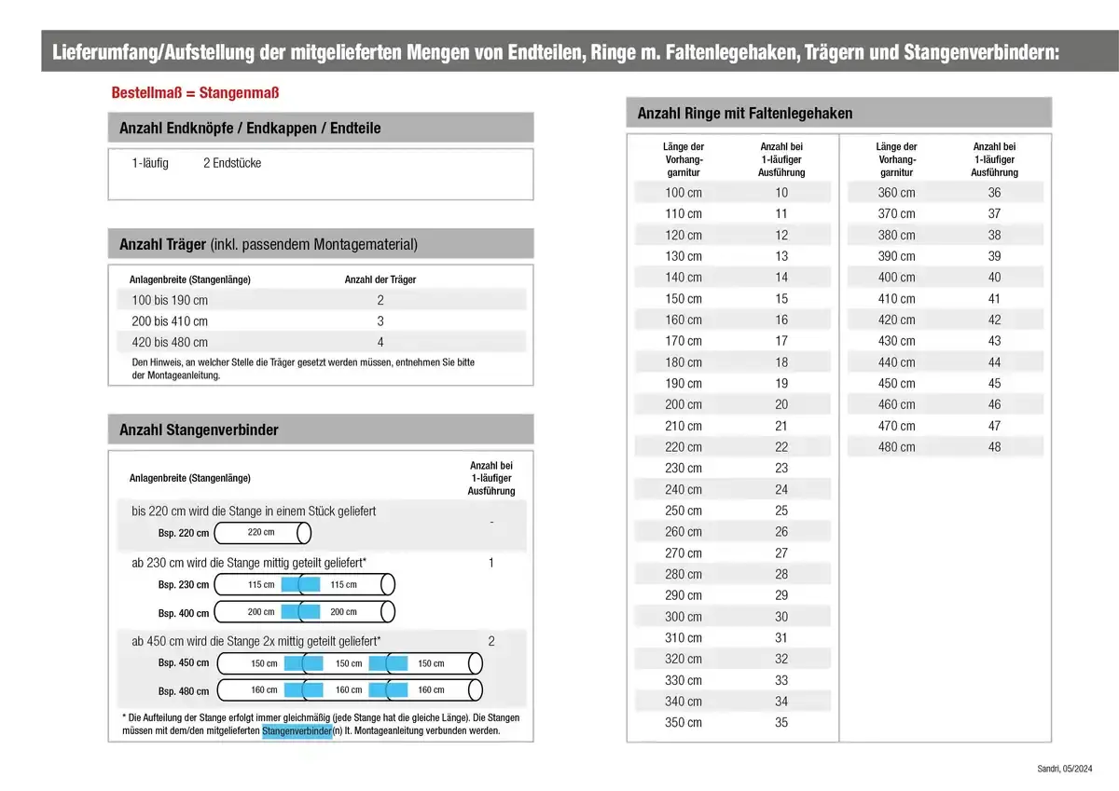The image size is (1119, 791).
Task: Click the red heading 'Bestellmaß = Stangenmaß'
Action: [195, 93]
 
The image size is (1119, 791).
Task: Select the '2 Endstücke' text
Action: [232, 163]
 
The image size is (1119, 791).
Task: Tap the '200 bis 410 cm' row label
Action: [170, 320]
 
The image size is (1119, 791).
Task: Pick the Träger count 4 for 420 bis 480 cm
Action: [380, 342]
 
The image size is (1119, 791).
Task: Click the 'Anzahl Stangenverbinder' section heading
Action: [199, 430]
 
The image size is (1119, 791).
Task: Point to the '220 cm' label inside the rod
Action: [261, 532]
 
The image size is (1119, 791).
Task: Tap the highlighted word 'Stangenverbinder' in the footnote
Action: [297, 731]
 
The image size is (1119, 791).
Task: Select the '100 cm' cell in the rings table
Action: [684, 193]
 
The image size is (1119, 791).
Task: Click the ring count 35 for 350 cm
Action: [781, 722]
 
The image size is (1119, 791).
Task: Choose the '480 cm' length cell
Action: [896, 447]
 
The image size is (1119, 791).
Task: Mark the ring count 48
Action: [994, 447]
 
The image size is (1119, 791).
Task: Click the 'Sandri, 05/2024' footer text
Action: [1064, 768]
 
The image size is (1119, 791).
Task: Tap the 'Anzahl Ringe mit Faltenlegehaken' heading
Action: [745, 113]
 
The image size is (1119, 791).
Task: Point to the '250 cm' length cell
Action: [684, 511]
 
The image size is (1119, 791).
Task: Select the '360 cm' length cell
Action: [896, 193]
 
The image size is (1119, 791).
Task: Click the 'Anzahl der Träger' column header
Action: [380, 280]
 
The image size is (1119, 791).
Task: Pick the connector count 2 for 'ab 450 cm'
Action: [491, 641]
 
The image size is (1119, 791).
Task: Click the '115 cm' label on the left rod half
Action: [261, 584]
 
